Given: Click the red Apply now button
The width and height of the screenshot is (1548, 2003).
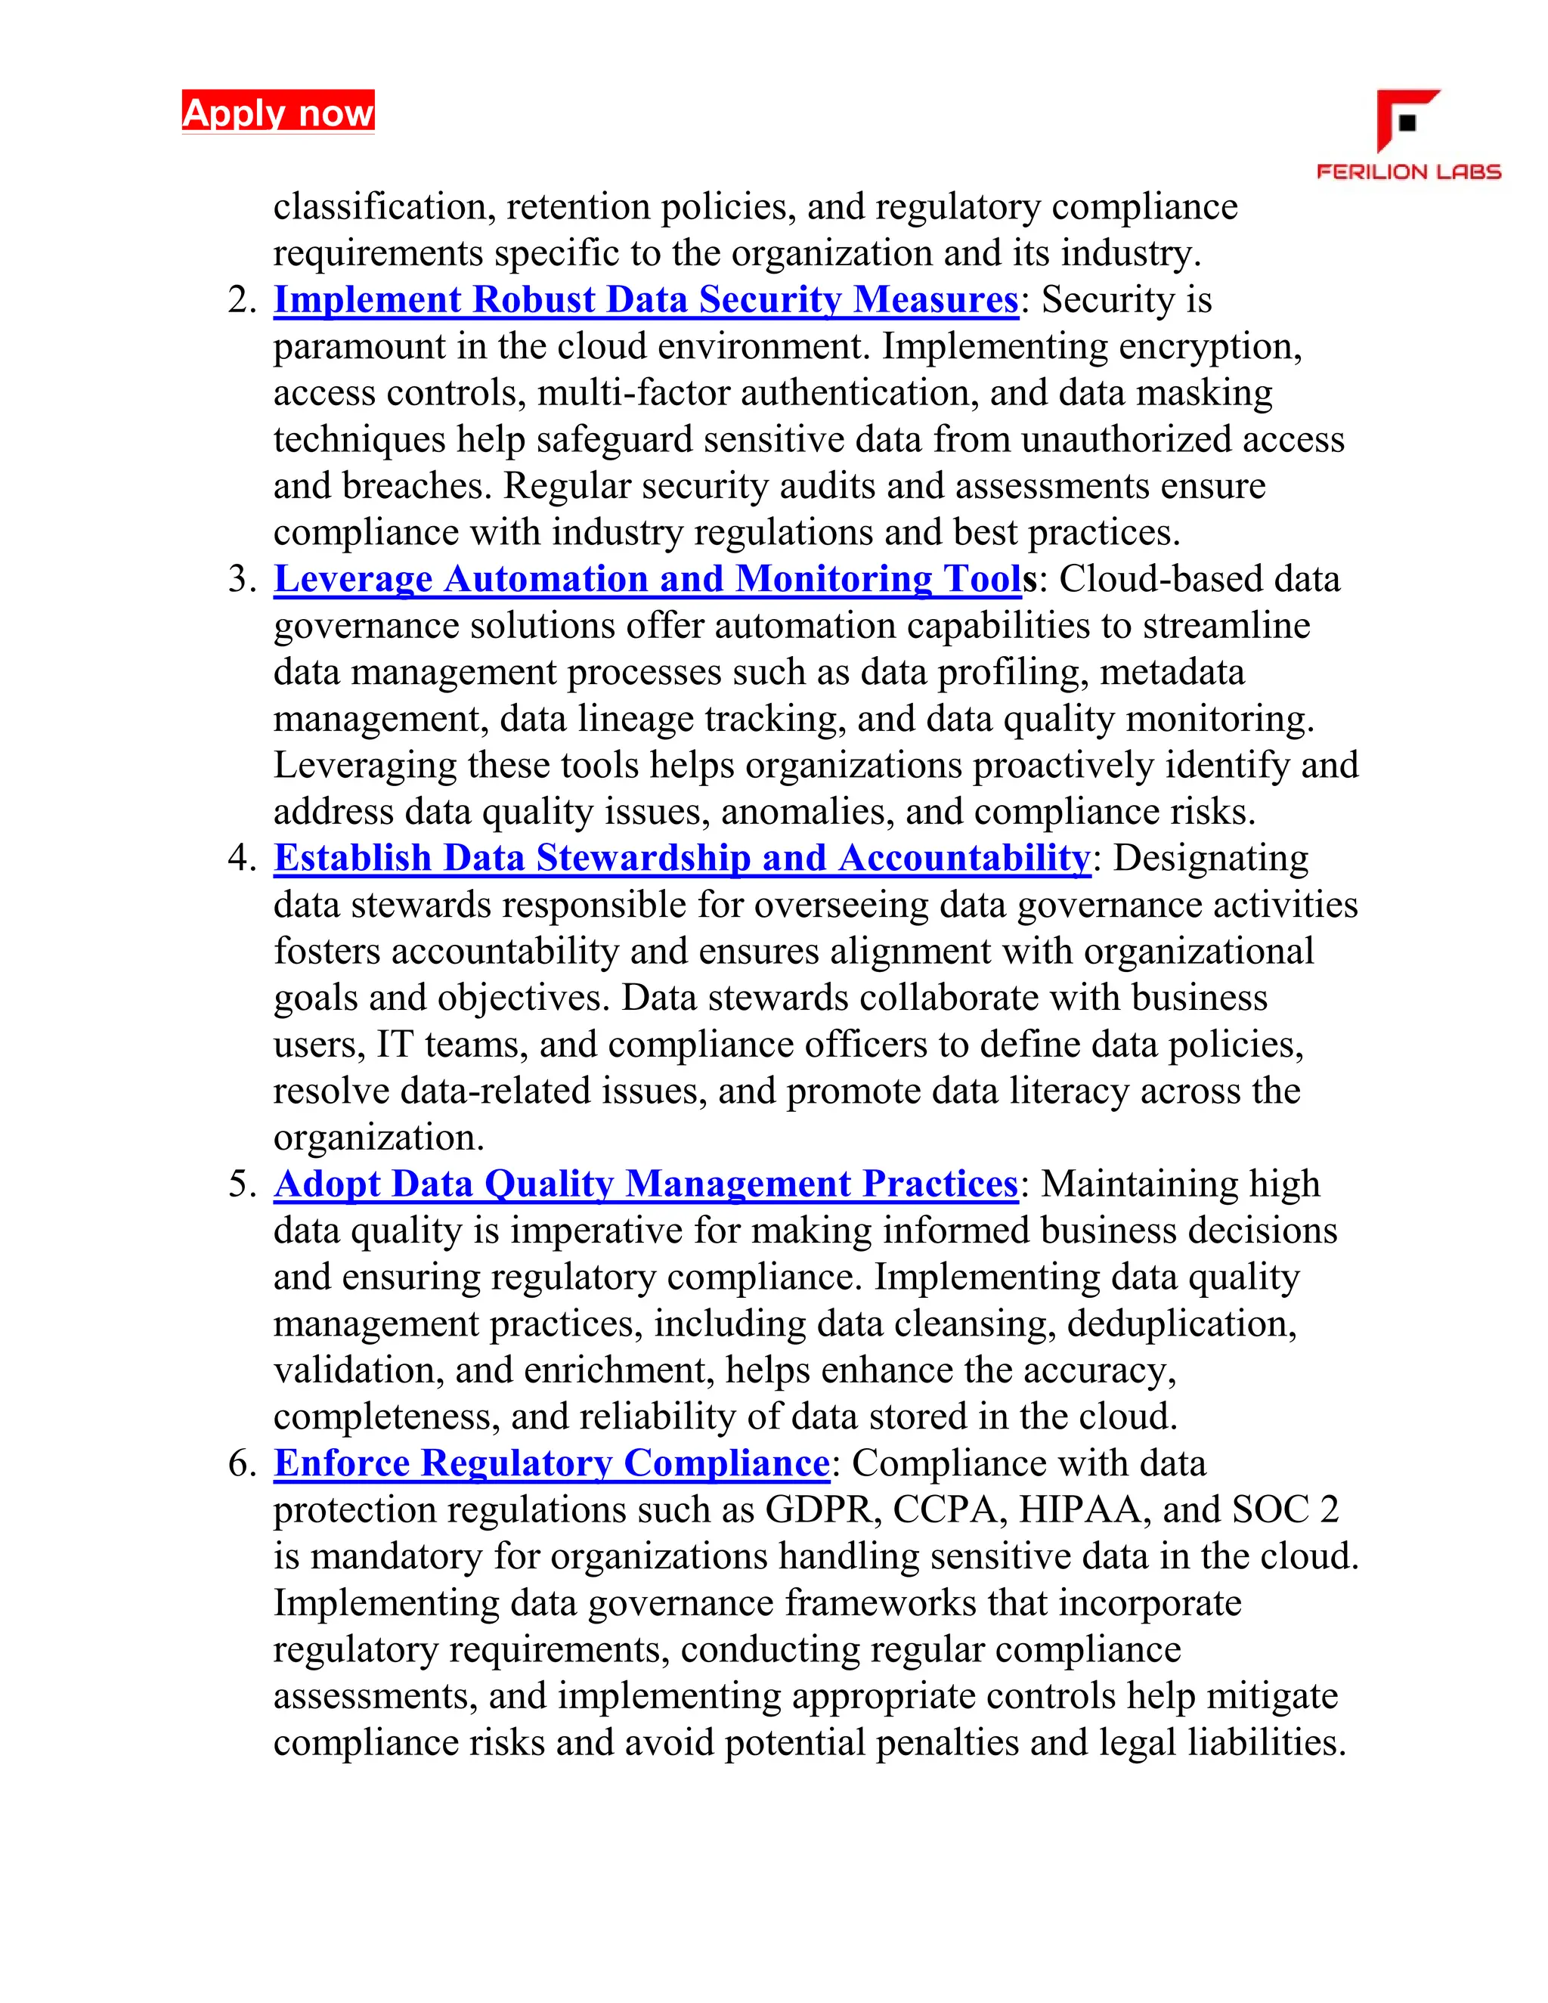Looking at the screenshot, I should [278, 112].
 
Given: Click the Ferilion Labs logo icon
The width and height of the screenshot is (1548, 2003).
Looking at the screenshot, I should [1407, 120].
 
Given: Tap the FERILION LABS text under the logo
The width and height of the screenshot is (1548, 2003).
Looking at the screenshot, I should [1409, 172].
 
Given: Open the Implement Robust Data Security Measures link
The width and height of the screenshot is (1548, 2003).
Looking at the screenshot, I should [646, 300].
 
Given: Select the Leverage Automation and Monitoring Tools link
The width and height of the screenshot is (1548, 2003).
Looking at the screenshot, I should [648, 579].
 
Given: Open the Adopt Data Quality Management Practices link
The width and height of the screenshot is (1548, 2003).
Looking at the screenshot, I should [646, 1183].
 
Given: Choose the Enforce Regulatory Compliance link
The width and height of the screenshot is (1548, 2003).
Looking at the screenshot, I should [551, 1463].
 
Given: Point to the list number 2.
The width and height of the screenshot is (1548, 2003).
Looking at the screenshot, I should [242, 301].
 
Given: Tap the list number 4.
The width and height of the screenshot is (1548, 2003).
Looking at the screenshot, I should [242, 859].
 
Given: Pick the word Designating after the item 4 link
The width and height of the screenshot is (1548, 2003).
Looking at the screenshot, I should [1211, 859].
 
